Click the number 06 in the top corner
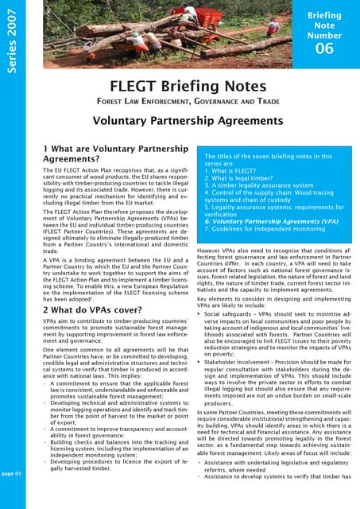324,48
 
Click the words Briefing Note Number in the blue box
324,24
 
